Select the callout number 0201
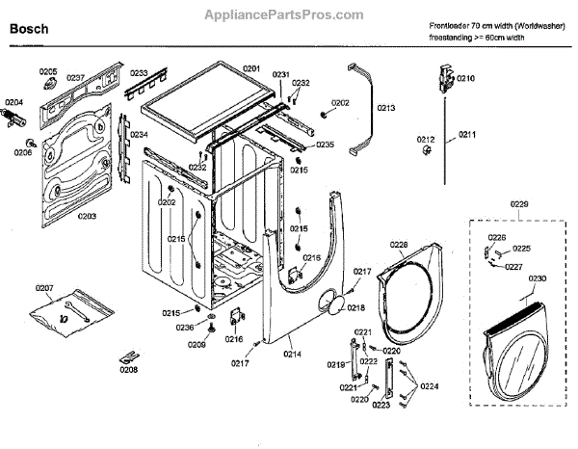click(x=251, y=68)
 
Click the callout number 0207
click(x=45, y=287)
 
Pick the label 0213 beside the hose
click(x=386, y=109)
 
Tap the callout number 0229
click(x=519, y=205)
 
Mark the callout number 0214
click(x=292, y=355)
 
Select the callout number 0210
click(x=466, y=78)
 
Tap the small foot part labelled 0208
click(x=128, y=356)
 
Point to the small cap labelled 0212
click(x=427, y=151)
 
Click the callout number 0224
click(x=430, y=385)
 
